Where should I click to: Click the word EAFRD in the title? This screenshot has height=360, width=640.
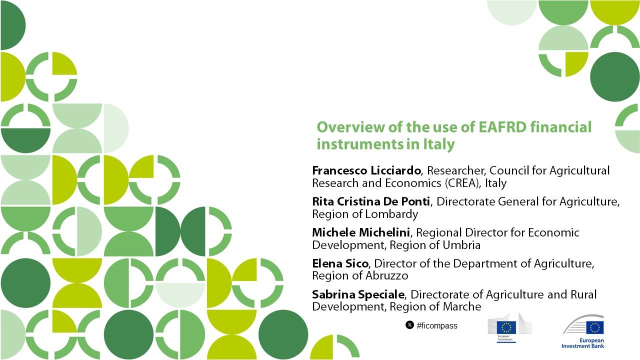pyautogui.click(x=502, y=127)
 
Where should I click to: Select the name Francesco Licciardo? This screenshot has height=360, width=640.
pyautogui.click(x=366, y=170)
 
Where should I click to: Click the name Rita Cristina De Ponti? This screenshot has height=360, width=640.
pyautogui.click(x=371, y=201)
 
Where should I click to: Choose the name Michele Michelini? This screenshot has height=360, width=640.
pyautogui.click(x=361, y=232)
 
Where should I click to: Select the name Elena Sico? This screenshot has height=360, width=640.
pyautogui.click(x=340, y=263)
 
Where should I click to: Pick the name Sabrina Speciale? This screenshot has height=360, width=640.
pyautogui.click(x=358, y=294)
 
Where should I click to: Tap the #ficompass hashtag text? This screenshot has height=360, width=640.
pyautogui.click(x=437, y=325)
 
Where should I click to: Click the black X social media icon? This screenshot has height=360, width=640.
pyautogui.click(x=409, y=325)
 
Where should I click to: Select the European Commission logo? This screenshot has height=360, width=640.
pyautogui.click(x=509, y=327)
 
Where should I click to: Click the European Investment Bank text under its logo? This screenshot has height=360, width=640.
pyautogui.click(x=583, y=343)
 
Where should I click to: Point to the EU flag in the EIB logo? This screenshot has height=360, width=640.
pyautogui.click(x=595, y=327)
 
